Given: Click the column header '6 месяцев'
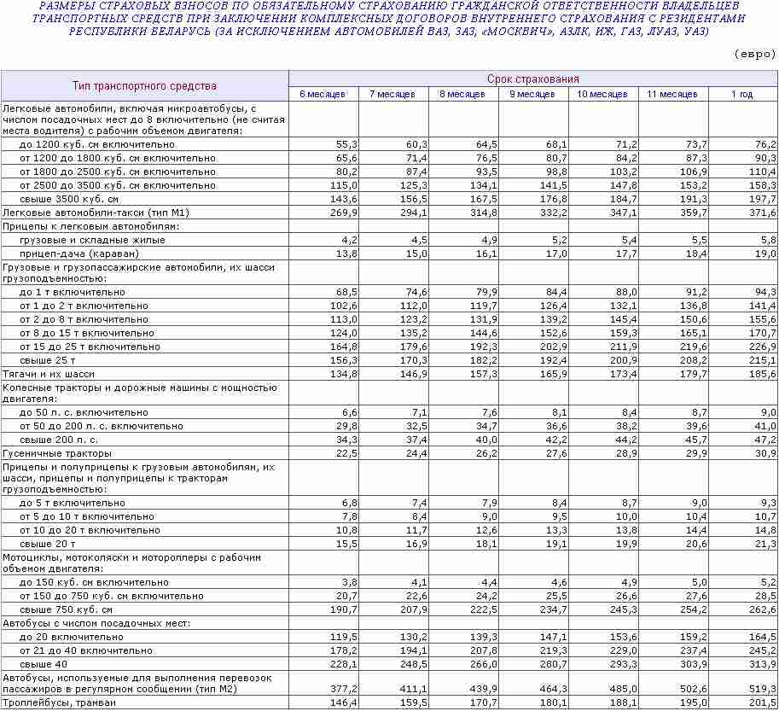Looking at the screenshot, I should [323, 94].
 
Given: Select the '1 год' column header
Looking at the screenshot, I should [741, 94].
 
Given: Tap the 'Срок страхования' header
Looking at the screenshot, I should [533, 79].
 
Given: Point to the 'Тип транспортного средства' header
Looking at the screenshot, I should [144, 85].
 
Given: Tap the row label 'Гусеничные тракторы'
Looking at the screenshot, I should [57, 453].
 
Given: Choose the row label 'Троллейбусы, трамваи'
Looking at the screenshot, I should [59, 702].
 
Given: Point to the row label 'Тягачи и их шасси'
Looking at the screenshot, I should [49, 374].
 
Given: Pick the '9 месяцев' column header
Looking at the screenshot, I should [532, 94].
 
